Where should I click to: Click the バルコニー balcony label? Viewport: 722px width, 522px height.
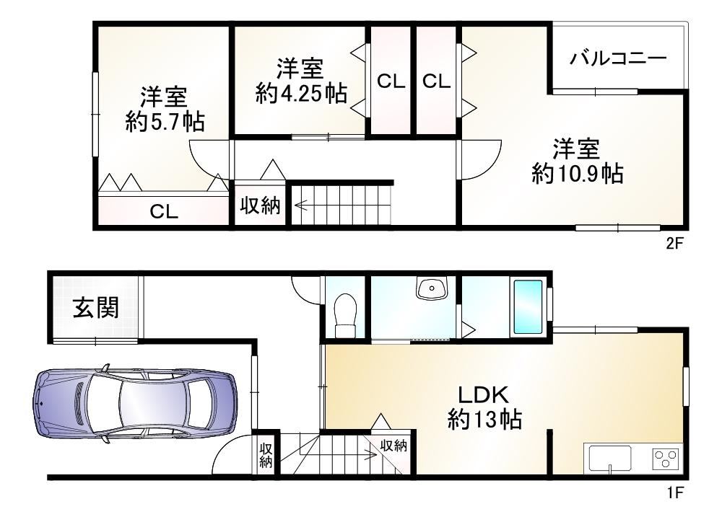[618, 58]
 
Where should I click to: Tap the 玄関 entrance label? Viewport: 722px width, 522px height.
[96, 308]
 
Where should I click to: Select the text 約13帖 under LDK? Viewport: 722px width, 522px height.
[484, 419]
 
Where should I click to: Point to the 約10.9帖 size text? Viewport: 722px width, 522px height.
[578, 174]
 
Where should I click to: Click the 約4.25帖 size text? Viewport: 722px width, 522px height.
[301, 93]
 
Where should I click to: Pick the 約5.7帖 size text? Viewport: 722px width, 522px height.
[165, 121]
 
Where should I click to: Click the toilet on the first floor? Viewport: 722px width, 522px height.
[345, 316]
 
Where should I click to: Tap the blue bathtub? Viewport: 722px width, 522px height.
[528, 306]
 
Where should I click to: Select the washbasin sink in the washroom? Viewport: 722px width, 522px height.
[432, 288]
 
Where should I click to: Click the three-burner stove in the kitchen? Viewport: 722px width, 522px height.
[666, 459]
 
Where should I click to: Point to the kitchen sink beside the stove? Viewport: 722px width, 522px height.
[608, 459]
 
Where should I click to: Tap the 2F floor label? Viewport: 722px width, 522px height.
[674, 243]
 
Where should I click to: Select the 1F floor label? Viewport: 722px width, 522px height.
[674, 492]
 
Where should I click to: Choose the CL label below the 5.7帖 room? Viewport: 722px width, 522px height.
[164, 211]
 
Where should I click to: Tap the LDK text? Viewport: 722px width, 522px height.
[484, 395]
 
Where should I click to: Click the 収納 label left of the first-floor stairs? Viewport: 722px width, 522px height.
[266, 456]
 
